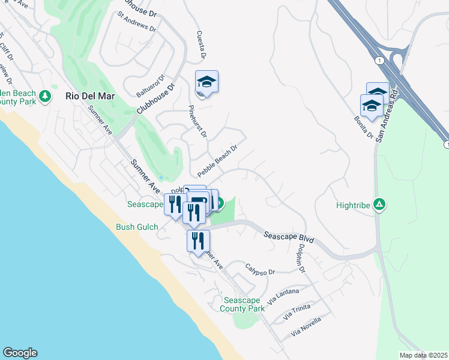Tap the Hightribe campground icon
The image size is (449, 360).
coord(379,205)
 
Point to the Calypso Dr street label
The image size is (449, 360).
coord(260,269)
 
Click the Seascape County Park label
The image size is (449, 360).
coord(243,304)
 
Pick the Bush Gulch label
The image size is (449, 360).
coord(137,227)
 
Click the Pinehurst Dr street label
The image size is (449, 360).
coord(197,121)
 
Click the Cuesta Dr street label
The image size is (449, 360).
coord(200,45)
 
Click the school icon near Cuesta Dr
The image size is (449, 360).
coord(206,82)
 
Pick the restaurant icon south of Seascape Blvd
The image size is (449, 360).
coord(198,241)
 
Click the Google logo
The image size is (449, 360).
coord(20,353)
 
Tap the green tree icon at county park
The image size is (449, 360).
coord(44,96)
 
